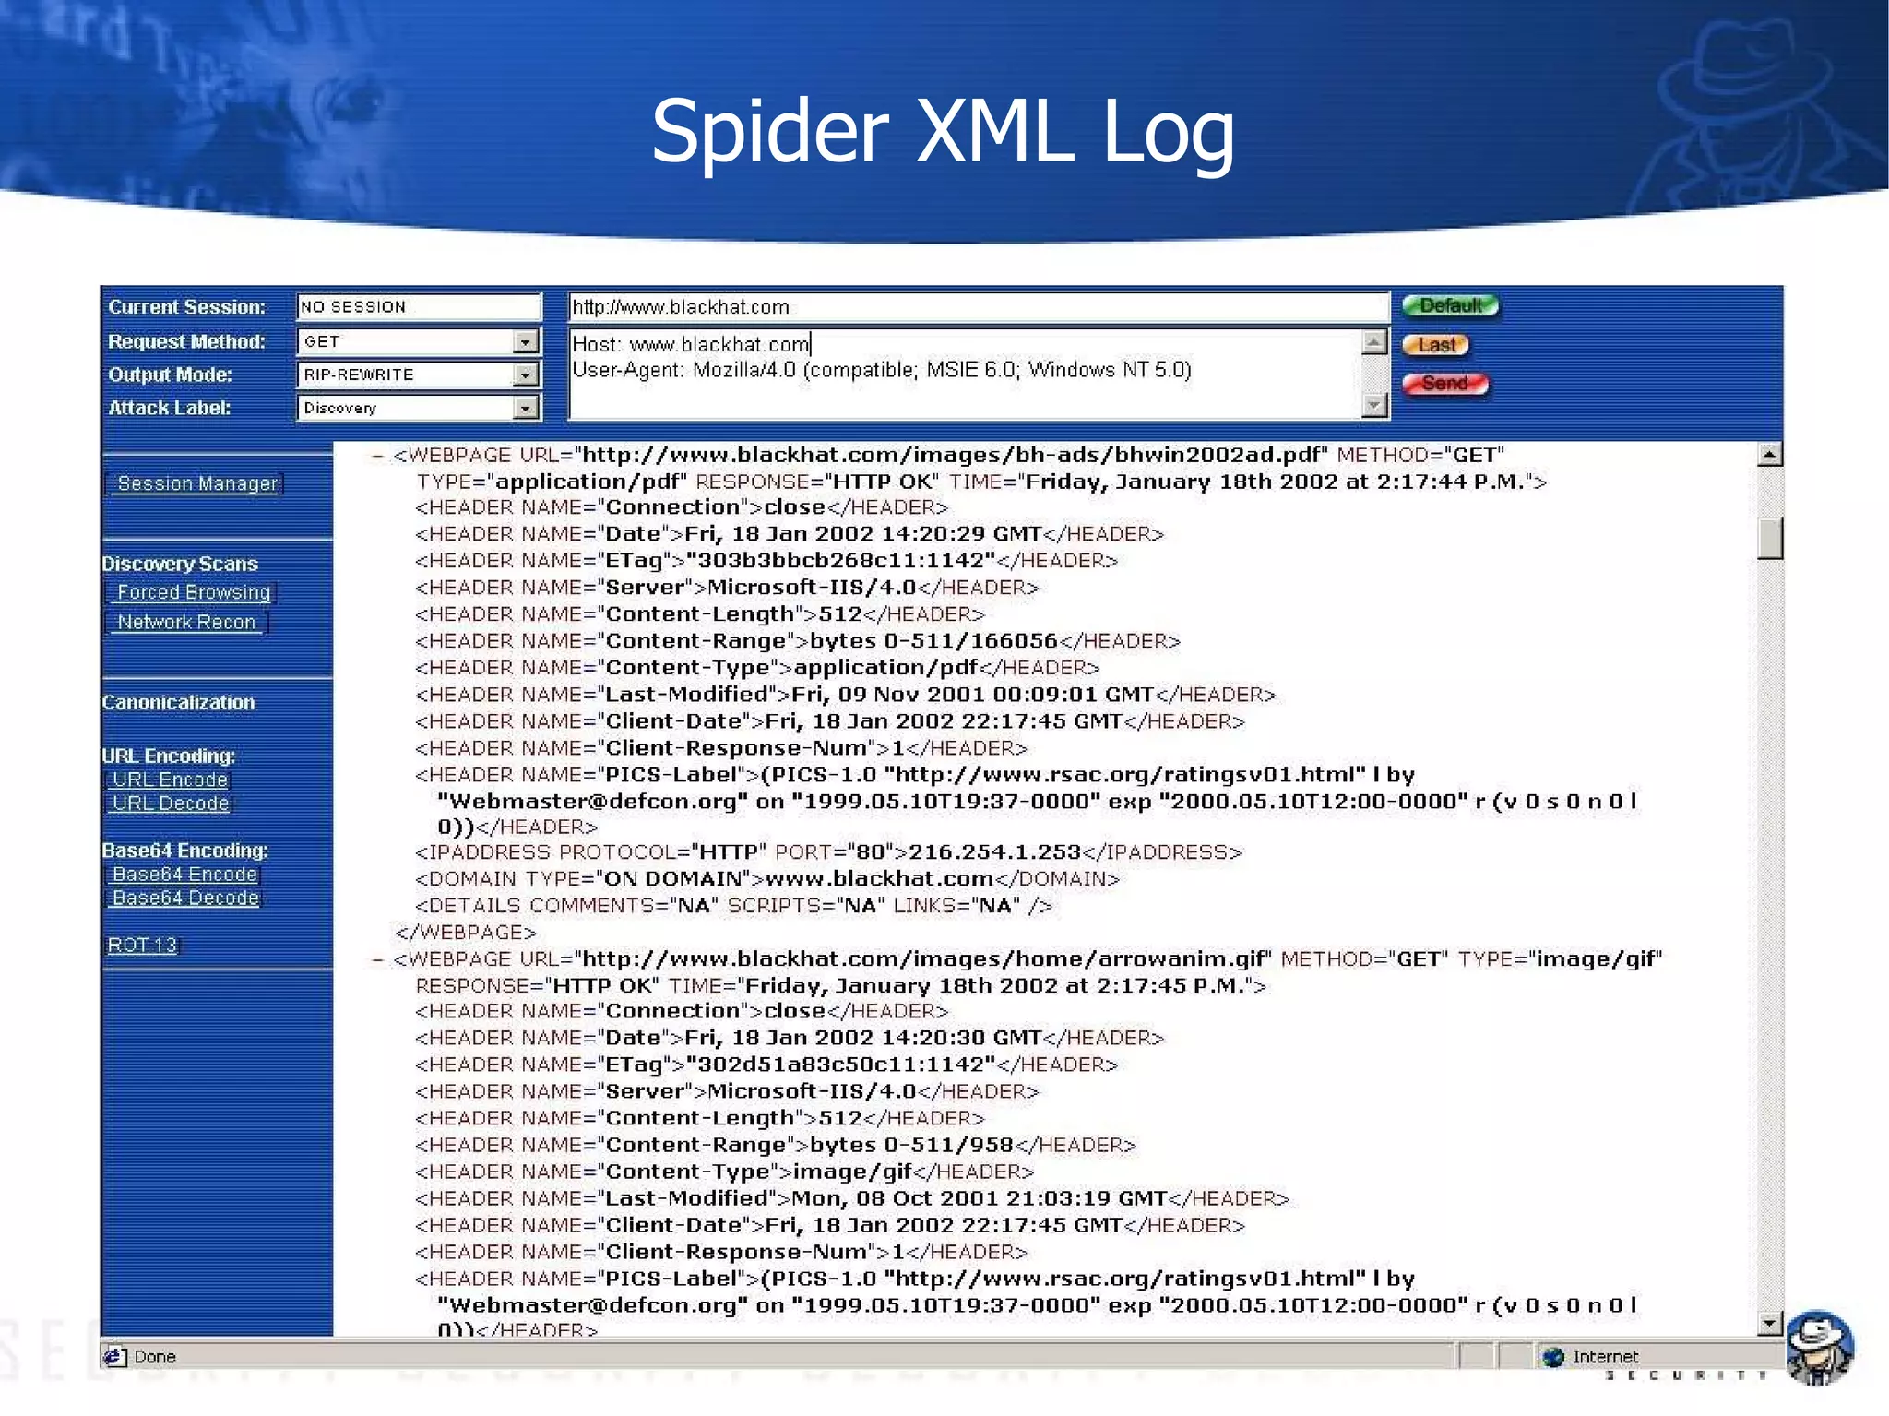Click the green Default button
pyautogui.click(x=1450, y=306)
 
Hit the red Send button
pyautogui.click(x=1444, y=384)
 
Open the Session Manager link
pyautogui.click(x=196, y=483)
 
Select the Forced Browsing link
pyautogui.click(x=194, y=592)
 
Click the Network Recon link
pyautogui.click(x=186, y=623)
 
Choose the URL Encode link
pyautogui.click(x=170, y=779)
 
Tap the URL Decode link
pyautogui.click(x=171, y=803)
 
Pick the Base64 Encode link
pyautogui.click(x=184, y=875)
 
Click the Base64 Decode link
pyautogui.click(x=185, y=898)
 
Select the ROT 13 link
pyautogui.click(x=142, y=946)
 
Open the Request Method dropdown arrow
pyautogui.click(x=525, y=342)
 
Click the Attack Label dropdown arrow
pyautogui.click(x=525, y=408)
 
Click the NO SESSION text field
pyautogui.click(x=418, y=307)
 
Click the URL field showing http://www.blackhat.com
pyautogui.click(x=978, y=307)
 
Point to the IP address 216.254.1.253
pyautogui.click(x=994, y=852)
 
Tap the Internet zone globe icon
pyautogui.click(x=1553, y=1357)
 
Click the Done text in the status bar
pyautogui.click(x=154, y=1357)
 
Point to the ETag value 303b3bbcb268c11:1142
pyautogui.click(x=846, y=561)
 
